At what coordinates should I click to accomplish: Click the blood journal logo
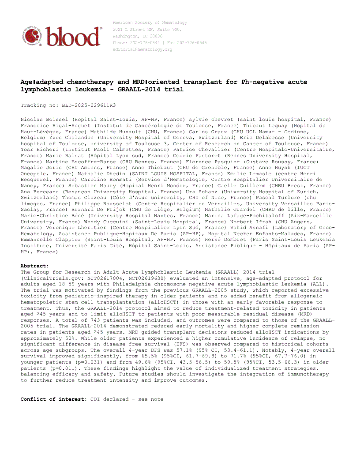tap(62, 36)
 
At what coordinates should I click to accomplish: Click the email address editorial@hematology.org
tap(142, 49)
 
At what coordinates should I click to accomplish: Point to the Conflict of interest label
tap(53, 399)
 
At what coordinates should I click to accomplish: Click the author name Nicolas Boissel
tap(45, 119)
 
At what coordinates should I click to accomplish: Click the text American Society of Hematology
tap(150, 23)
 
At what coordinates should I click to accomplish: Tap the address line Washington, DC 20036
tap(138, 36)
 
